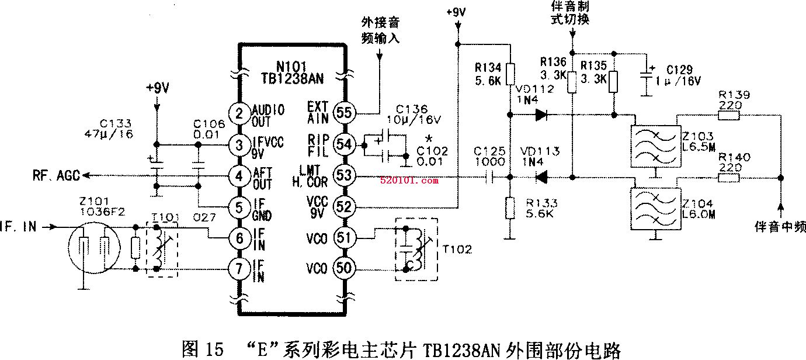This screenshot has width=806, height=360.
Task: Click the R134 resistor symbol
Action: point(511,74)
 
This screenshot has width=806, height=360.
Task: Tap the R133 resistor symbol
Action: point(511,208)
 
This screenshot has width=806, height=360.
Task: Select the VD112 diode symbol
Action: point(541,115)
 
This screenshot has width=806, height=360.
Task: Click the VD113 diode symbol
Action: point(541,176)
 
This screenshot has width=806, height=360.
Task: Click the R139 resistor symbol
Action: point(728,115)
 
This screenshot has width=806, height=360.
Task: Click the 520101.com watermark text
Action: point(409,181)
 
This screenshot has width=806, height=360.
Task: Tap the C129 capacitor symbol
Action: point(647,80)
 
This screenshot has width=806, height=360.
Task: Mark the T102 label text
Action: point(457,249)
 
